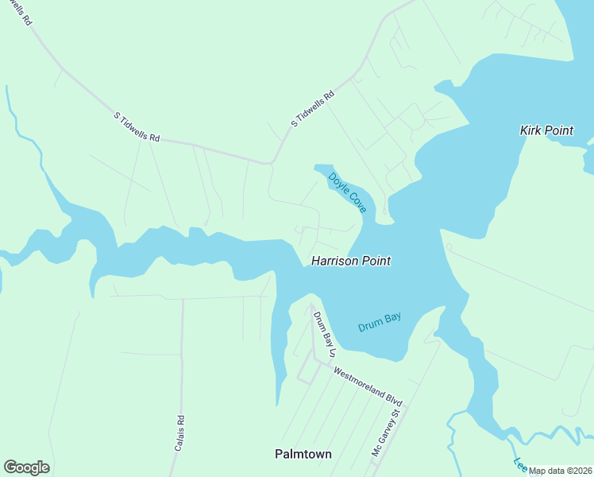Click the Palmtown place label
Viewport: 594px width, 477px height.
(303, 454)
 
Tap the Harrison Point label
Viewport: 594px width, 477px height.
(350, 261)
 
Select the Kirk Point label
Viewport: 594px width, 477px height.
(546, 130)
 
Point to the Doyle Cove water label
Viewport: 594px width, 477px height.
(347, 193)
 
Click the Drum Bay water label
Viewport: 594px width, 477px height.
(379, 321)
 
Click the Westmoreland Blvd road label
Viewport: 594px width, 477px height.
(368, 386)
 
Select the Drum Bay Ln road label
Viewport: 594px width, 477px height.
(325, 334)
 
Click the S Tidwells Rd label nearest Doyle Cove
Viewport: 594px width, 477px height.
(313, 109)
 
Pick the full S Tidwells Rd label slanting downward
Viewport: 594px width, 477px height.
(137, 127)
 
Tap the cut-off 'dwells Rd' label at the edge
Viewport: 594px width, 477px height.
(21, 11)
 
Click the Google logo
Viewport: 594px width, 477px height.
(26, 467)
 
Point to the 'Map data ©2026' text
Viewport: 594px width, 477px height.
(560, 471)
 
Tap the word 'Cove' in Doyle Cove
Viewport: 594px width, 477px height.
(357, 203)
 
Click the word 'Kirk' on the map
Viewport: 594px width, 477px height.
(530, 130)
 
